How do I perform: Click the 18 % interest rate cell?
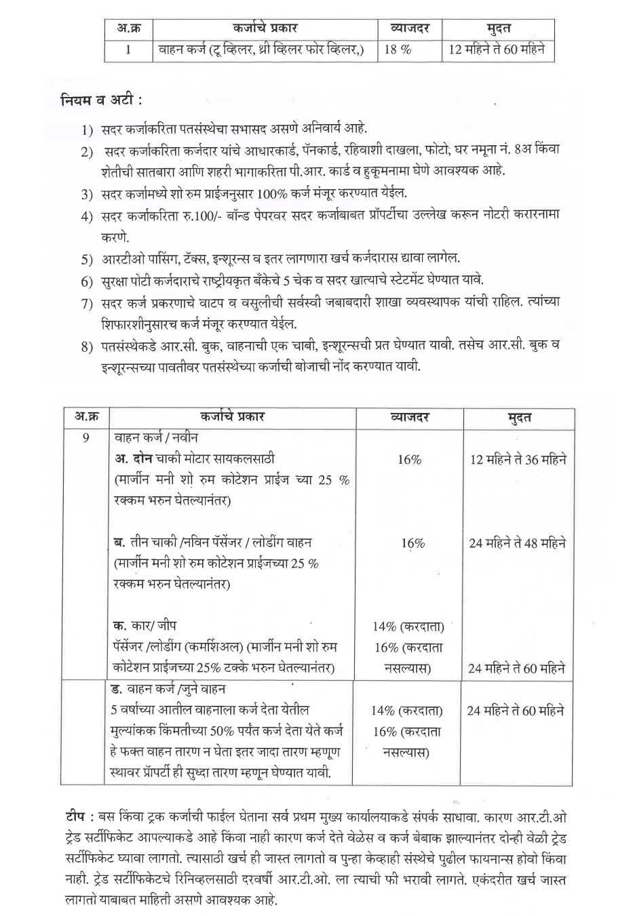(399, 51)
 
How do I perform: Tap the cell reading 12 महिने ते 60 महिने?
(498, 51)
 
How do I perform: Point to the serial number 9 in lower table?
(85, 437)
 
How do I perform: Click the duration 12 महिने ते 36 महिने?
(518, 460)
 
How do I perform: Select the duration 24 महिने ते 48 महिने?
(518, 543)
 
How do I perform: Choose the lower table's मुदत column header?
(519, 417)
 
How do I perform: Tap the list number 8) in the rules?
(86, 348)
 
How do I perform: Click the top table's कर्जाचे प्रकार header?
(265, 29)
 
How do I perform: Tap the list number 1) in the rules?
(86, 129)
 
